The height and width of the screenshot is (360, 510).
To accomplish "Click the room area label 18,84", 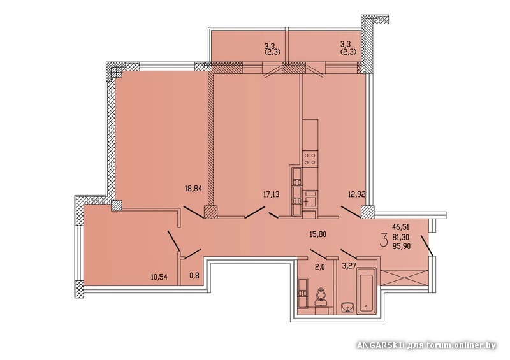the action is point(194,189).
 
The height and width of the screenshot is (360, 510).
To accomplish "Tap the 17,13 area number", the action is point(272,194).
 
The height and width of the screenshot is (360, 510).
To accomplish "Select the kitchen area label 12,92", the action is point(356,194).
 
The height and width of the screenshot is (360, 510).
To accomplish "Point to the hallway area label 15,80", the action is point(317,233).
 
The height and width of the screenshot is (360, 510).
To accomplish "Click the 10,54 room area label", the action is point(159,277).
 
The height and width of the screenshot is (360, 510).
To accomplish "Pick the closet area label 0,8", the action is point(194,276).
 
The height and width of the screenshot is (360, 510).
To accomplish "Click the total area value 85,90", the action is point(402,247).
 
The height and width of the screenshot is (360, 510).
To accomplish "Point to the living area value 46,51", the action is point(401,227).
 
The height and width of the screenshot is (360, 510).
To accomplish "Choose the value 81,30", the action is point(402,238).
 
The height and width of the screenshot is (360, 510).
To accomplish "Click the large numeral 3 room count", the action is point(384,240).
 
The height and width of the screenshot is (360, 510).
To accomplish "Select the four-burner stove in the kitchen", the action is point(310,159).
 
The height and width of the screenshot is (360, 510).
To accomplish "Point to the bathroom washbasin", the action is point(347,307).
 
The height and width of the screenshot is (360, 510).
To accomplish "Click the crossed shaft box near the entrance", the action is point(404,278).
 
